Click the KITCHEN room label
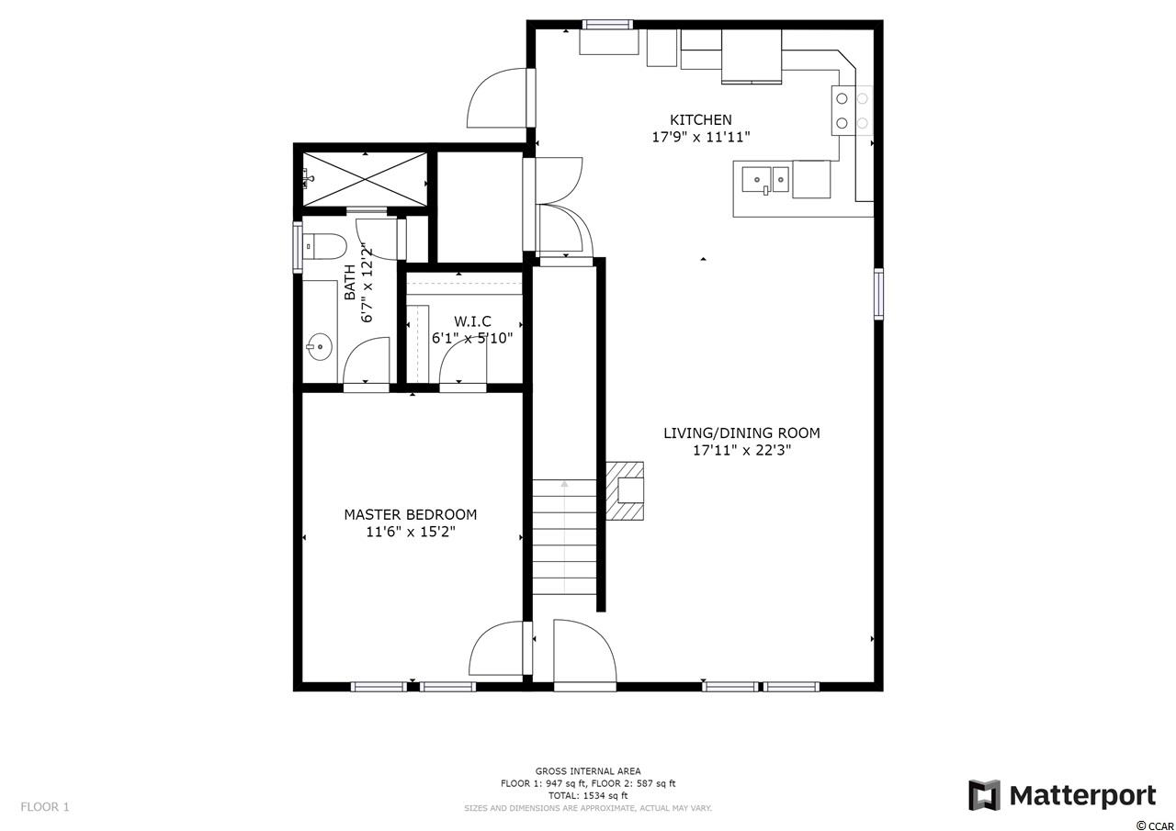pos(700,119)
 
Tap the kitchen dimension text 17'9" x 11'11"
pos(700,137)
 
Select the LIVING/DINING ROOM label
pos(741,432)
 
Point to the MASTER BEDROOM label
pos(410,514)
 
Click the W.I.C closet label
pos(472,321)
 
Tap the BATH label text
pos(350,282)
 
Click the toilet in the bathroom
pos(325,246)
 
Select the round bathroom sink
pos(319,347)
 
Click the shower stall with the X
pos(365,179)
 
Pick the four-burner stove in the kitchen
pos(852,111)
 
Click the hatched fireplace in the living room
pos(625,490)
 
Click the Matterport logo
pos(1062,796)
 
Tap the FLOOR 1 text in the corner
pos(45,807)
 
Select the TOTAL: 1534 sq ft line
pos(588,796)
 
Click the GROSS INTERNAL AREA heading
pos(588,771)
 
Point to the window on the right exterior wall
pos(878,294)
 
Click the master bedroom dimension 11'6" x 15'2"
pos(410,532)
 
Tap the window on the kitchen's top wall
pos(607,24)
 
